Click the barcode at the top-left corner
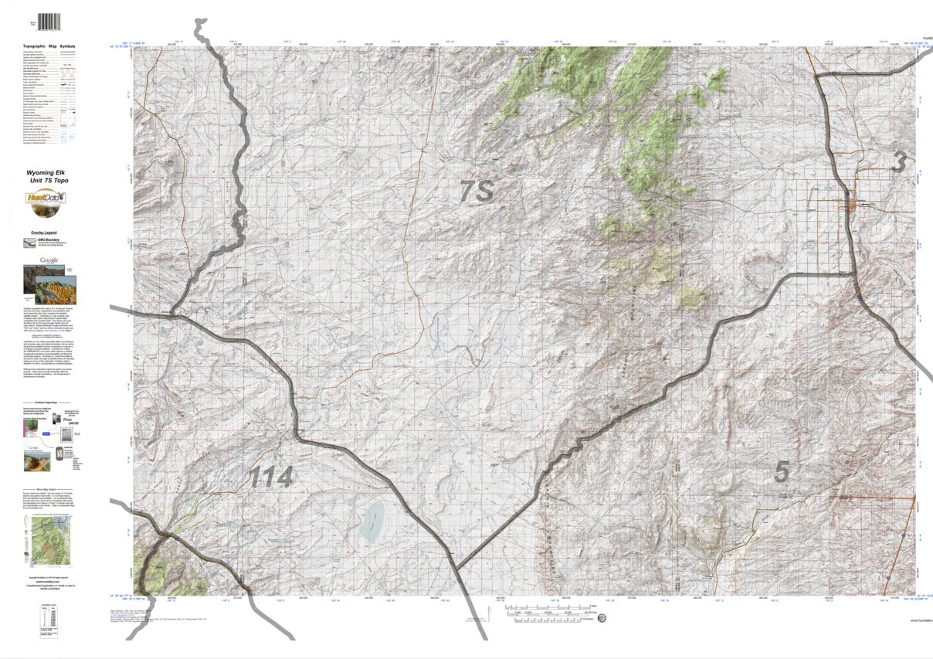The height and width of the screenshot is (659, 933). tap(49, 22)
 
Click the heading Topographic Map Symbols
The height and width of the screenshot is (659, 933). tap(49, 47)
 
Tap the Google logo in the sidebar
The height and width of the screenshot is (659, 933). tap(49, 260)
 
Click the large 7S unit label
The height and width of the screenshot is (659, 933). tap(477, 191)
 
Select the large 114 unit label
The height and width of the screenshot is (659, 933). tap(270, 477)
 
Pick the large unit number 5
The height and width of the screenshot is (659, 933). tap(782, 471)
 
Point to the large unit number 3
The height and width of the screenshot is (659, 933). tap(898, 162)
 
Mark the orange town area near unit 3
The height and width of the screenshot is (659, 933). tap(858, 204)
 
